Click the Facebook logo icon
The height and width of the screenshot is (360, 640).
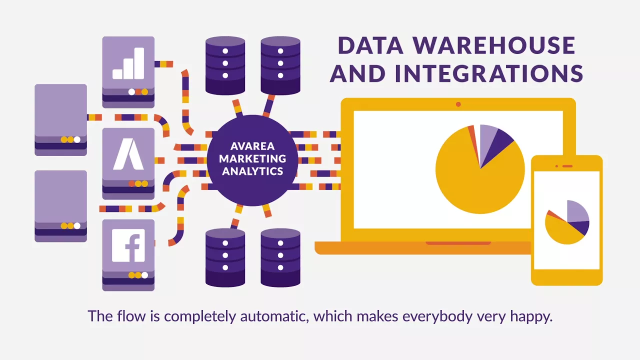[128, 245]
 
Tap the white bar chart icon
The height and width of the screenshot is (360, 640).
[128, 63]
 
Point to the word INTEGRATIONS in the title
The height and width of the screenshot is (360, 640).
[489, 73]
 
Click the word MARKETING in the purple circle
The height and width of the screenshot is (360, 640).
[252, 159]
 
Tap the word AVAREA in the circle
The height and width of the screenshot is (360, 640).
[252, 147]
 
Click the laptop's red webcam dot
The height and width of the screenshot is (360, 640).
[458, 104]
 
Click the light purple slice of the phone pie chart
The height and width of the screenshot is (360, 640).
[576, 211]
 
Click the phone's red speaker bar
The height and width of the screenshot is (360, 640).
[567, 166]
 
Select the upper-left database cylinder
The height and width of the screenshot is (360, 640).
[225, 64]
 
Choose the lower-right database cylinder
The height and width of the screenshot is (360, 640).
[280, 257]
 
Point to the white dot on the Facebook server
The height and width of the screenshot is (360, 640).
[145, 275]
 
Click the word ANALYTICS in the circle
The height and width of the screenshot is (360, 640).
[252, 171]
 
